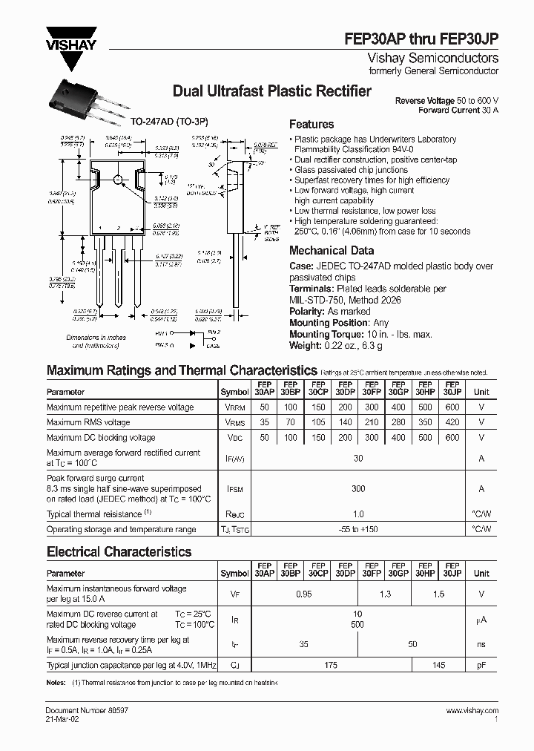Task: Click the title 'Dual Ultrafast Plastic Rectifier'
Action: pos(271,91)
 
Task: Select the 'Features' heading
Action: pos(311,124)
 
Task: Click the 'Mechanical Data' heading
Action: pos(331,251)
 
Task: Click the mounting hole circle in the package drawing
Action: pos(116,179)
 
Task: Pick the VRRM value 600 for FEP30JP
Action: pos(452,407)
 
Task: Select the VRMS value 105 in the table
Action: pos(318,422)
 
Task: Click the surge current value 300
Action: pos(358,489)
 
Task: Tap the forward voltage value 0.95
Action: pos(304,594)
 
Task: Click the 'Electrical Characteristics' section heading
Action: pos(119,552)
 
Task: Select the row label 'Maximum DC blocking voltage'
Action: pos(101,438)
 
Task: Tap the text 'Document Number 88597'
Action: pos(83,711)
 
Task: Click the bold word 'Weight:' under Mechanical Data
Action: pos(306,347)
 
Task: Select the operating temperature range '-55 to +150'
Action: pos(358,530)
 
